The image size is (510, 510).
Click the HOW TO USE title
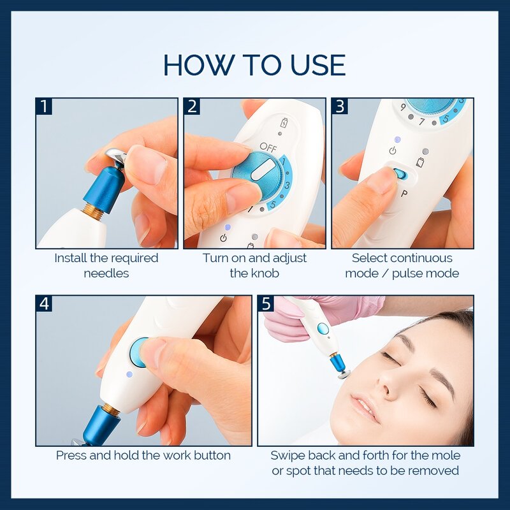pos(254,65)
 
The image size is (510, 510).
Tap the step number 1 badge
pos(44,106)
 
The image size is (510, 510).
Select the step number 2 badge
pos(192,106)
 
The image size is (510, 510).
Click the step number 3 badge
pos(340,106)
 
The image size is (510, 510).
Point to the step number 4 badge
pos(44,303)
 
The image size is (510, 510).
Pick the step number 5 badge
pos(266,303)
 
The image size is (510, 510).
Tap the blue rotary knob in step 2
pos(254,173)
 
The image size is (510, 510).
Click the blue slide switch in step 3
pos(399,173)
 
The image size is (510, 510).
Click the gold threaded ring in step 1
pos(94,212)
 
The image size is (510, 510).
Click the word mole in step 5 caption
pos(446,456)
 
